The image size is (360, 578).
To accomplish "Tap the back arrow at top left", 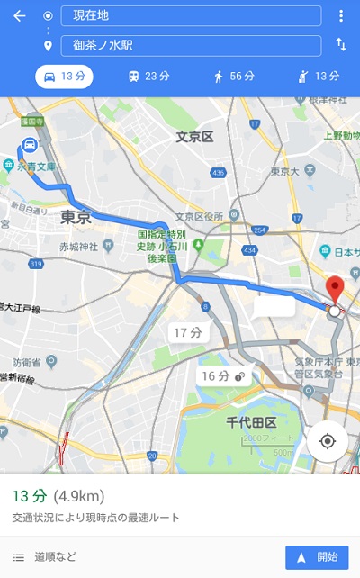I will [20, 16].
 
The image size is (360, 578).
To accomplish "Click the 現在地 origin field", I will [191, 16].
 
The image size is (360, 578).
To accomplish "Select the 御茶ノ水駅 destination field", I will [191, 45].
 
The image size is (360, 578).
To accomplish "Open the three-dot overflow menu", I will [341, 16].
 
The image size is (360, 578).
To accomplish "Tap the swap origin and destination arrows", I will [341, 44].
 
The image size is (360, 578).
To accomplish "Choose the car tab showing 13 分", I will [66, 77].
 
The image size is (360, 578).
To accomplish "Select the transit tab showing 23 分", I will [149, 77].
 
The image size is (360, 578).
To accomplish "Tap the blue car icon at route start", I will [30, 145].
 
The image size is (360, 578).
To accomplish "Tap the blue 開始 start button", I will [316, 557].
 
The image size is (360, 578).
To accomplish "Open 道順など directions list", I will [45, 557].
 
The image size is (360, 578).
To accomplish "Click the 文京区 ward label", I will [193, 137].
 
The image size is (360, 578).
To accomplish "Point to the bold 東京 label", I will [76, 217].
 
